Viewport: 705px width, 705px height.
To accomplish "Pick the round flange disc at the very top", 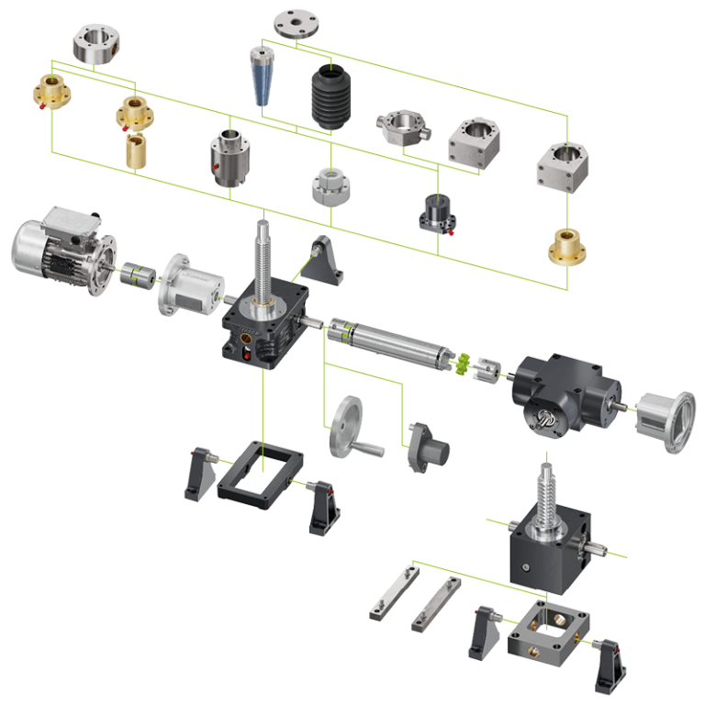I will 297,23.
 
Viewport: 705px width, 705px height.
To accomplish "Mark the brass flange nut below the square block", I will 567,245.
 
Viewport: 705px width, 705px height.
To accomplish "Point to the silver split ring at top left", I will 97,43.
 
